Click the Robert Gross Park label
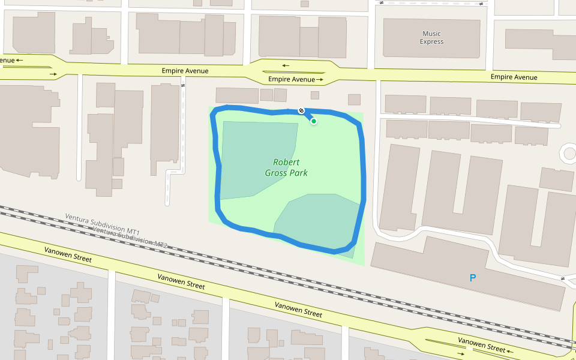pyautogui.click(x=286, y=167)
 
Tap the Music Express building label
pyautogui.click(x=431, y=38)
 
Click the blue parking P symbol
pyautogui.click(x=473, y=278)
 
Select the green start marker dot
pyautogui.click(x=313, y=121)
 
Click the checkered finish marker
pyautogui.click(x=301, y=110)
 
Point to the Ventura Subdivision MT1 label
pyautogui.click(x=102, y=224)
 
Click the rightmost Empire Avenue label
pyautogui.click(x=514, y=77)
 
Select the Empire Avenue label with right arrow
pyautogui.click(x=296, y=79)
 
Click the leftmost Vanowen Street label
pyautogui.click(x=68, y=254)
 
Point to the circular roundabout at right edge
pyautogui.click(x=568, y=154)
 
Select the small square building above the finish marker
pyautogui.click(x=314, y=95)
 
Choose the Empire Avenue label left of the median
pyautogui.click(x=185, y=71)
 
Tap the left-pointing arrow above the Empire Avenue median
pyautogui.click(x=286, y=65)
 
